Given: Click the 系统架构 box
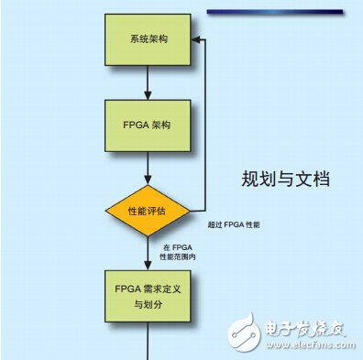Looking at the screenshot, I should [x=148, y=41].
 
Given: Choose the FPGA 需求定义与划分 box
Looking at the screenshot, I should [x=148, y=294].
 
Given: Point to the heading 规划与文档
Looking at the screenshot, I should [x=285, y=180].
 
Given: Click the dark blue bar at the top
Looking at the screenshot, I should [x=275, y=10].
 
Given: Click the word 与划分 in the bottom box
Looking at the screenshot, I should [x=148, y=303].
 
